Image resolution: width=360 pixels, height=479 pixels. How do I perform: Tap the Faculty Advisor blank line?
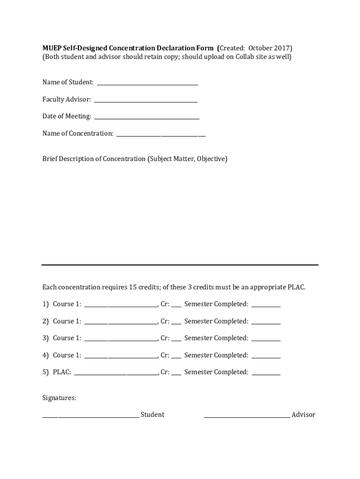145,101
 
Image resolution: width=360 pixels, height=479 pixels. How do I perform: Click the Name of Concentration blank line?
161,135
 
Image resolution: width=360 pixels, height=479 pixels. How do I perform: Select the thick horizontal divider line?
180,265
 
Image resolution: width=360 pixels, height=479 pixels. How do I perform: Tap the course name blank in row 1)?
121,306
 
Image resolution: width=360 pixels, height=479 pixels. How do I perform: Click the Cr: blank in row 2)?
176,323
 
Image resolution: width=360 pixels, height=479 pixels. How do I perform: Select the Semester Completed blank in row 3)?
266,340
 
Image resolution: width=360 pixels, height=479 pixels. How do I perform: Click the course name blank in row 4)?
121,357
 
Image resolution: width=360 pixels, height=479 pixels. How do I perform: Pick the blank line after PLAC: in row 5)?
116,374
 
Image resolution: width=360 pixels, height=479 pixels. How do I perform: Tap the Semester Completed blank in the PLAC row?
266,374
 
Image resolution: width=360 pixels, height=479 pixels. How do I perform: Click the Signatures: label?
59,398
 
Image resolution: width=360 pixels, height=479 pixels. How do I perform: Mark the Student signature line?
90,416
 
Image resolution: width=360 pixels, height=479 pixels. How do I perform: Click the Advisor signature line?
246,416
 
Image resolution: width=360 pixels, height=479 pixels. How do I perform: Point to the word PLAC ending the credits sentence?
295,287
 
